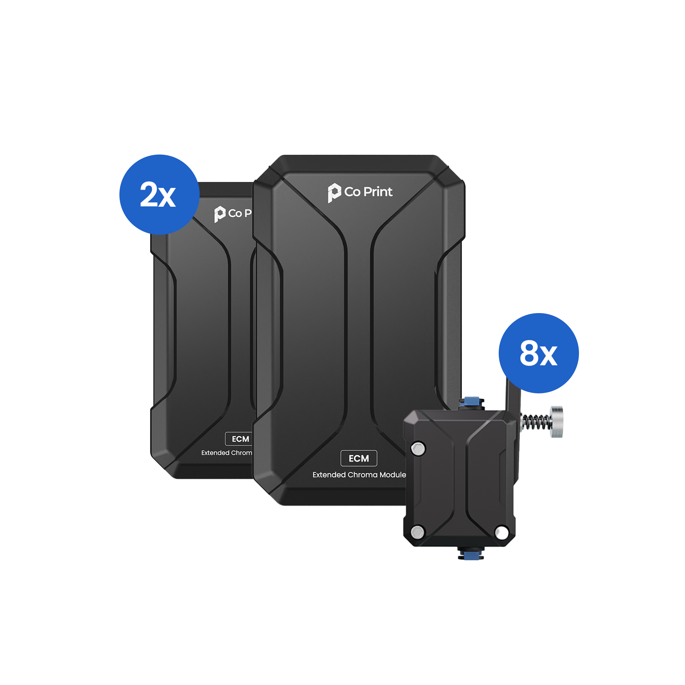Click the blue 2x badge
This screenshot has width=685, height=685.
pyautogui.click(x=159, y=194)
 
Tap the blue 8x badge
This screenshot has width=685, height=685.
pyautogui.click(x=538, y=353)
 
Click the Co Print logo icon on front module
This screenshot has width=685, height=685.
pyautogui.click(x=333, y=193)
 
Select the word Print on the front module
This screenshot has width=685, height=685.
pyautogui.click(x=378, y=192)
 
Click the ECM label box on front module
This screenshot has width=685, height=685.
pyautogui.click(x=359, y=459)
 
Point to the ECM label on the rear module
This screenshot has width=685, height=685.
pyautogui.click(x=240, y=439)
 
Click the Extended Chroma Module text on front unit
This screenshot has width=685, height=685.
pyautogui.click(x=359, y=475)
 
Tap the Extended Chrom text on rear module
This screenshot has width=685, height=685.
pyautogui.click(x=226, y=453)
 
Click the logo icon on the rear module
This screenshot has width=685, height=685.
pyautogui.click(x=219, y=214)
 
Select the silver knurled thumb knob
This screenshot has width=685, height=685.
pyautogui.click(x=556, y=421)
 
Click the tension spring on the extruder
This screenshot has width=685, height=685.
pyautogui.click(x=536, y=421)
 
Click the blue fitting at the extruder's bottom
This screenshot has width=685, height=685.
pyautogui.click(x=470, y=554)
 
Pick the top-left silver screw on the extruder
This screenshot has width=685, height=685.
pyautogui.click(x=418, y=448)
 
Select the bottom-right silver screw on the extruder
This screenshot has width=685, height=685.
pyautogui.click(x=501, y=532)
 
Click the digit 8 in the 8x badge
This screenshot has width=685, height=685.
pyautogui.click(x=529, y=353)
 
